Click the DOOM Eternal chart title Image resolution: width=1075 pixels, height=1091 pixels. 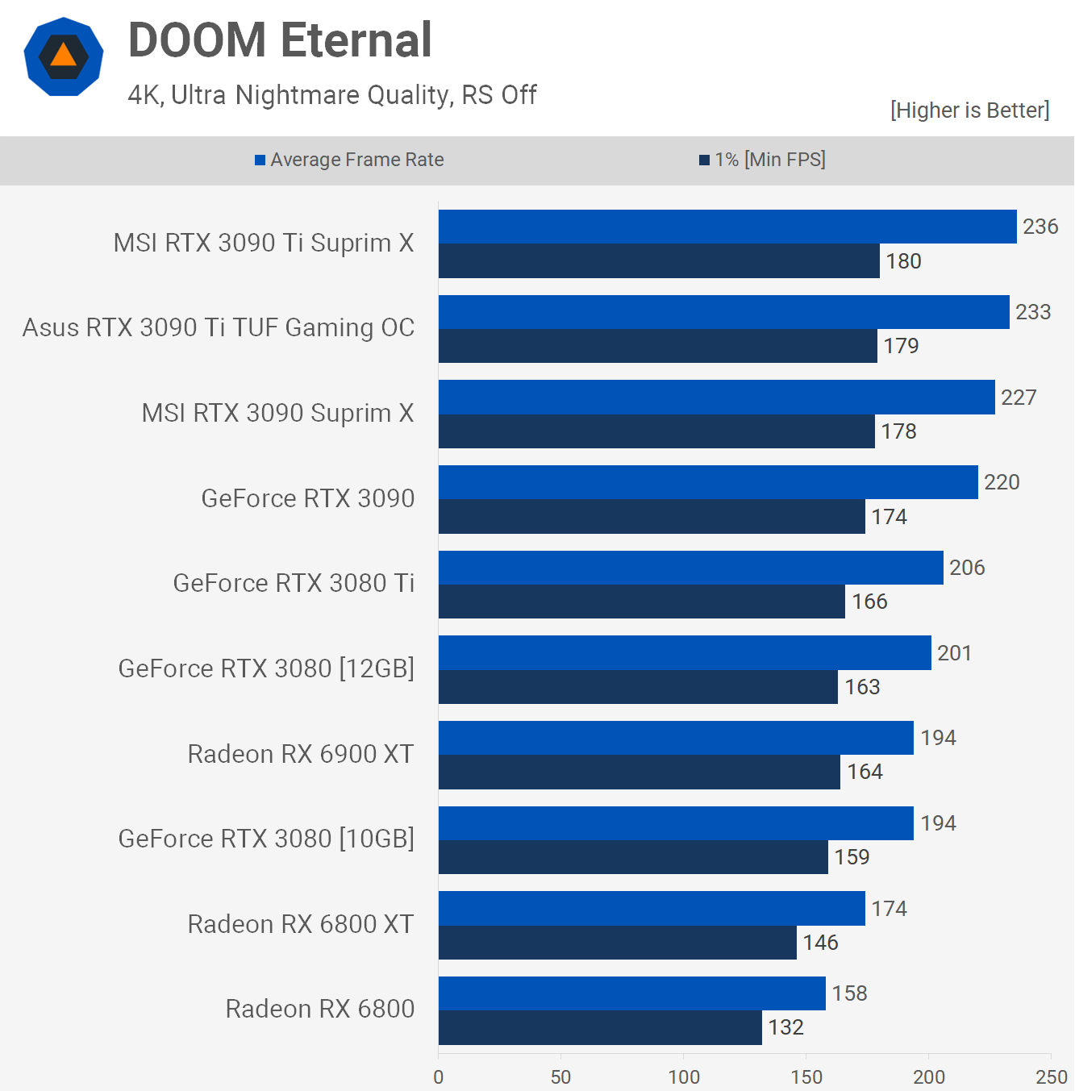[280, 40]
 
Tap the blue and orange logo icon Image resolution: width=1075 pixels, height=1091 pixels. [64, 56]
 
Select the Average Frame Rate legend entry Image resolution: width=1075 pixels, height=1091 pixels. [349, 160]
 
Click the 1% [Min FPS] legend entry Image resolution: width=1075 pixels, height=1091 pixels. [762, 160]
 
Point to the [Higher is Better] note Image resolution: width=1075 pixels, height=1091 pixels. [969, 110]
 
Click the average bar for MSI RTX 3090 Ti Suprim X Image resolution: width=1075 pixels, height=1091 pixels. [727, 227]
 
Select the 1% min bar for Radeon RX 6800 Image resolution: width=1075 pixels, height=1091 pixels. [600, 1027]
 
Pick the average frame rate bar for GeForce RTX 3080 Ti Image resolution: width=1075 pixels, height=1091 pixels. [691, 568]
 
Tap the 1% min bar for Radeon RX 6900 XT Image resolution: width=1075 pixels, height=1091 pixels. [640, 772]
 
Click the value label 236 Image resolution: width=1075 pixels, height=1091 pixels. [1040, 227]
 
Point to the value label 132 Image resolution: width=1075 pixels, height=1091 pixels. [785, 1027]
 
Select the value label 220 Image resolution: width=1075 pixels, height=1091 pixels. [1002, 482]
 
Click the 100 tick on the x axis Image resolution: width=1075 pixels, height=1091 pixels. [684, 1076]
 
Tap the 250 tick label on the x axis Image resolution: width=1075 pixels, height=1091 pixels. [1052, 1076]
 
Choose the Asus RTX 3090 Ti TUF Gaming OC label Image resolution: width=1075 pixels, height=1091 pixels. [219, 328]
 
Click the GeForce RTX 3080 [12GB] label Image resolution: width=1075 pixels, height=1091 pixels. [266, 668]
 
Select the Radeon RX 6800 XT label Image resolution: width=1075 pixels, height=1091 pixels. [301, 924]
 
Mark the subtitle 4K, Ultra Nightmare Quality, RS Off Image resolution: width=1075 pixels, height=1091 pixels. [332, 95]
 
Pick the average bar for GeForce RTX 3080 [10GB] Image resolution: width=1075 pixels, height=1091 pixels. [676, 823]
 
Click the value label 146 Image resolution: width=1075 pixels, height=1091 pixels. [820, 943]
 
